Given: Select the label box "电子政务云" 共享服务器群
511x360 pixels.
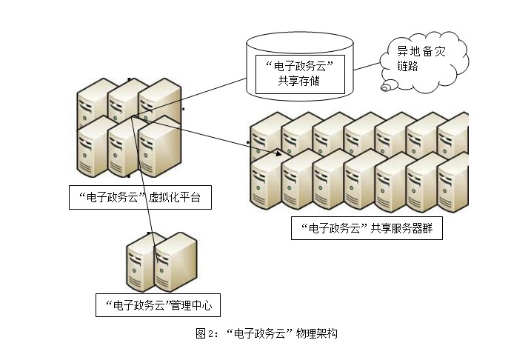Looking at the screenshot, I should point(367,228).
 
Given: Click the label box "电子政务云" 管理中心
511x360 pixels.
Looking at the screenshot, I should point(158,304).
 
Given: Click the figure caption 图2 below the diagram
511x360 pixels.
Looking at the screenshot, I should point(266,333).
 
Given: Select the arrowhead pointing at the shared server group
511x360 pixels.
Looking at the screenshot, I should point(278,154).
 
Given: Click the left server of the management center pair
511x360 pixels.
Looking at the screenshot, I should point(139,263).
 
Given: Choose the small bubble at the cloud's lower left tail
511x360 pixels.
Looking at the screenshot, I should point(386,89).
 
